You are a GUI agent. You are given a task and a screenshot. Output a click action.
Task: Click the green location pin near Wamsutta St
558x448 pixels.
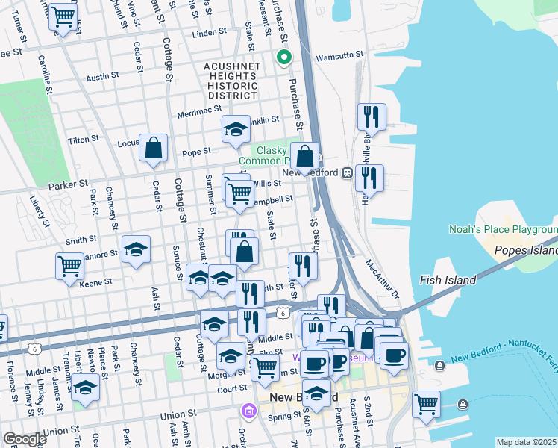pos(283,57)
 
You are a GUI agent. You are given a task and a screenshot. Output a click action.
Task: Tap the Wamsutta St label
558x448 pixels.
pos(339,55)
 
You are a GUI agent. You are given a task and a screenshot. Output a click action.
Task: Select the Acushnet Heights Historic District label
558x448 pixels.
pos(231,81)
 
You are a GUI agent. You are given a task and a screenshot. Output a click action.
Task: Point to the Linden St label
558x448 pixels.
pos(209,33)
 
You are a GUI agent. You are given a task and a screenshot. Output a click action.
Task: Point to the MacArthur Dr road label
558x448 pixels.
pos(382,276)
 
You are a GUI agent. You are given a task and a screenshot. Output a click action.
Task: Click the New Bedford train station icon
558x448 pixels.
pos(347,172)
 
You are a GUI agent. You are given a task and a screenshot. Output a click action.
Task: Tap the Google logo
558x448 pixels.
pos(25,439)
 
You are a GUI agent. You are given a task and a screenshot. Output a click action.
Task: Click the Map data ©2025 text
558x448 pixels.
pos(526,442)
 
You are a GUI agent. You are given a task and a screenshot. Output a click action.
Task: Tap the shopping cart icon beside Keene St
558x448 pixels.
pos(69,265)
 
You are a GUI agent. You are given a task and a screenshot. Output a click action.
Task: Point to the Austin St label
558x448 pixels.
pos(102,77)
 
